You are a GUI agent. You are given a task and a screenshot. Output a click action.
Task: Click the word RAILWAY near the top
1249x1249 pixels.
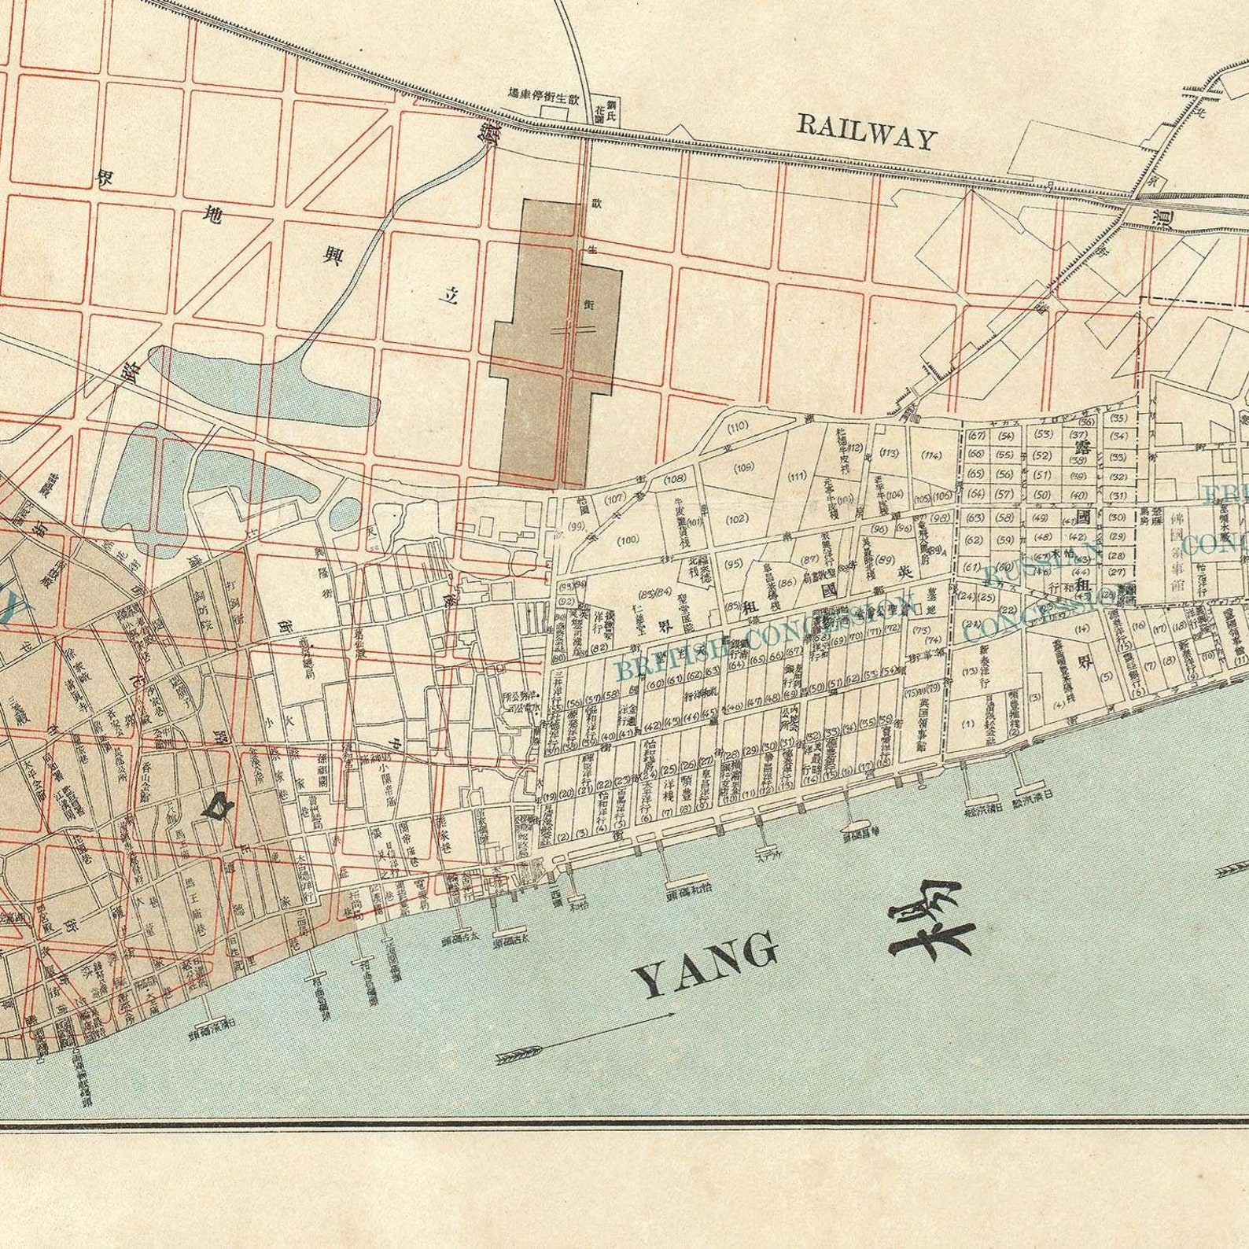point(868,131)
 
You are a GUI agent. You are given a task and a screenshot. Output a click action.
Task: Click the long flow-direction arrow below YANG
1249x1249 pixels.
point(586,1036)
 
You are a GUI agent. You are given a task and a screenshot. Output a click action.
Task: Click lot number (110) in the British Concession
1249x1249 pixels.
point(737,427)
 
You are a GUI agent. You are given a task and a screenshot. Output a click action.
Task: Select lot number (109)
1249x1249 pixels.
point(743,468)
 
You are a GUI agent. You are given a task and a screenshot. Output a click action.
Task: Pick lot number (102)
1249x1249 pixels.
point(736,519)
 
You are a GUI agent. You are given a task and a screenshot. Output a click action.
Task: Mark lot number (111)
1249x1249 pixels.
point(797,476)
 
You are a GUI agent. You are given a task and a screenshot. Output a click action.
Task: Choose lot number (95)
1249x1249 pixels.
point(733,563)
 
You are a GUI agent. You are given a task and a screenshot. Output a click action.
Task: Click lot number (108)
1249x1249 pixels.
point(675,479)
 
